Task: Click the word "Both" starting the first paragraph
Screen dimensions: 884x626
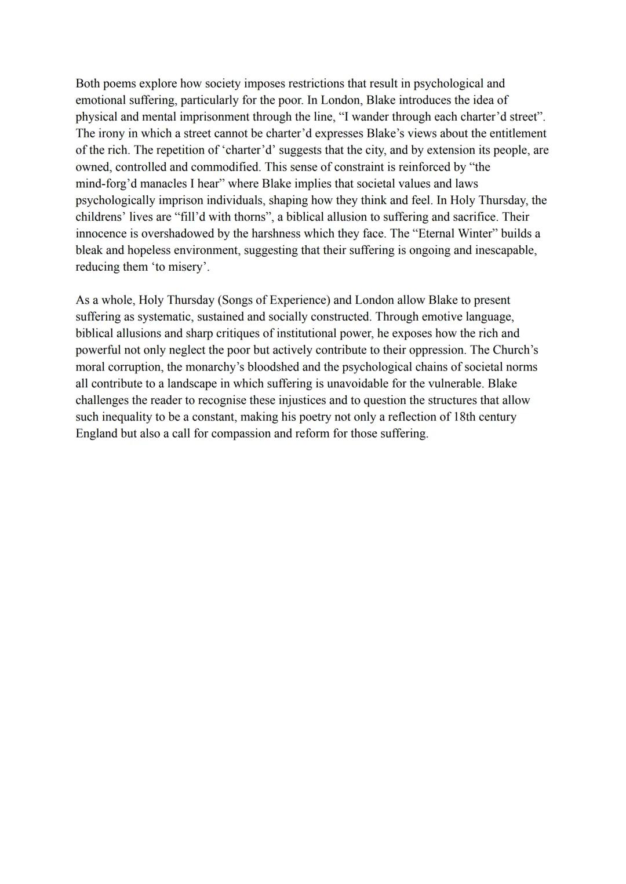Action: click(89, 83)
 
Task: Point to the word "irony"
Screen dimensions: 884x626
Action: click(111, 133)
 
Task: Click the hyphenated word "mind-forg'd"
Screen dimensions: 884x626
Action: click(105, 184)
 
